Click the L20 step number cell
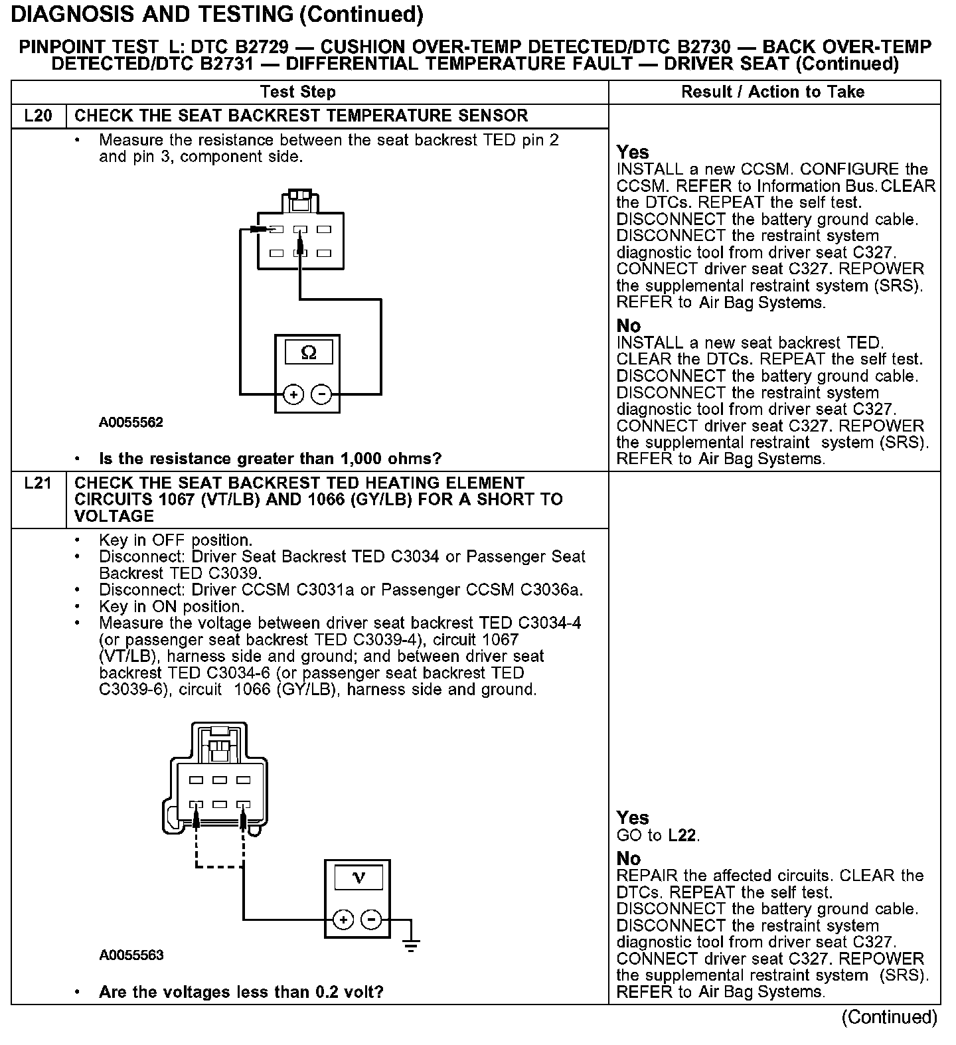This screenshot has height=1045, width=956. [x=38, y=116]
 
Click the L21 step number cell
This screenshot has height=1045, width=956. [x=38, y=483]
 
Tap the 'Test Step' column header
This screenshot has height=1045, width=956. [x=298, y=92]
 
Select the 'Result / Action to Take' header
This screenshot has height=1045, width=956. [x=773, y=92]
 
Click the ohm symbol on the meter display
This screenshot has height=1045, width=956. [x=309, y=352]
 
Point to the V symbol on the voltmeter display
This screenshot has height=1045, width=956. [x=358, y=878]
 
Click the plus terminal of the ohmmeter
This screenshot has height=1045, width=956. [x=293, y=395]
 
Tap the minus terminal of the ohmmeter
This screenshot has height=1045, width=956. [x=322, y=395]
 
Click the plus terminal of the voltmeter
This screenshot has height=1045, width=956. [x=343, y=920]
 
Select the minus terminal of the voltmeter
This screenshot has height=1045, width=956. [x=371, y=920]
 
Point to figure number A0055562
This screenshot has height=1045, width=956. [x=131, y=422]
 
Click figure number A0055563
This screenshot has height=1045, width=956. [x=131, y=955]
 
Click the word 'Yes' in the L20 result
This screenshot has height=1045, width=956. [x=632, y=152]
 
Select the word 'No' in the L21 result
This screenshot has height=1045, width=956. [x=628, y=858]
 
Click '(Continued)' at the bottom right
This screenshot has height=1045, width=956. [x=889, y=1016]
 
